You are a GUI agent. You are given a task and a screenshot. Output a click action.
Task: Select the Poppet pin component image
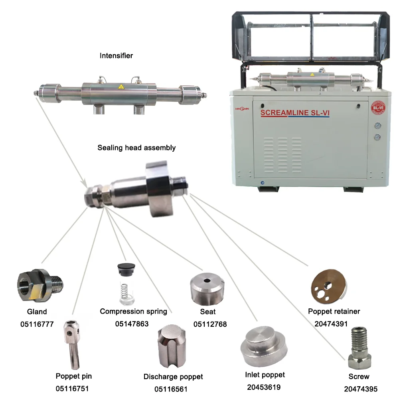click(72, 343)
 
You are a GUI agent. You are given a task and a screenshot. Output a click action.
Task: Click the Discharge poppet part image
click(173, 346)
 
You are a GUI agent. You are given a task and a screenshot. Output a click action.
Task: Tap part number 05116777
click(37, 324)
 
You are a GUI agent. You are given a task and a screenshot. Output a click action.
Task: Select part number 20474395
click(361, 389)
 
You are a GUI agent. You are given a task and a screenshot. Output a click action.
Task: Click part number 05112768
click(210, 324)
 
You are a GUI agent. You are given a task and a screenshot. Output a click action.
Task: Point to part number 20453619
click(264, 387)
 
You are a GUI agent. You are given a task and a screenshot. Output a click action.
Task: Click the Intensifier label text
click(116, 56)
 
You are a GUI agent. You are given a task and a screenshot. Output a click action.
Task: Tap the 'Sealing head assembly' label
click(136, 148)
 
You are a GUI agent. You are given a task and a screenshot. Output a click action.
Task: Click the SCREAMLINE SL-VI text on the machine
click(295, 113)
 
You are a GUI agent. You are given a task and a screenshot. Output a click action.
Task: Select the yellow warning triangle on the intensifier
click(120, 87)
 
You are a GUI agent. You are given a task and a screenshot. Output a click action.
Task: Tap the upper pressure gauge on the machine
click(377, 126)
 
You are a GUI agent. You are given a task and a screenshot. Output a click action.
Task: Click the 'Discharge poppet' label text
click(173, 377)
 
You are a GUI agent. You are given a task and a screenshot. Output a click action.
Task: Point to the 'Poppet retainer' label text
click(334, 311)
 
